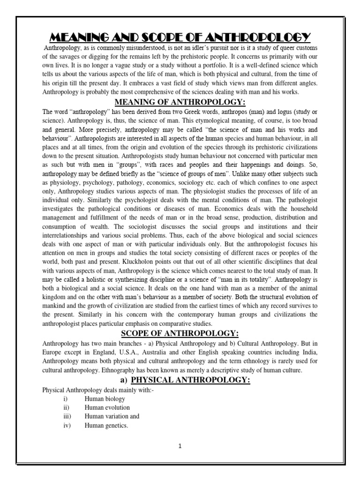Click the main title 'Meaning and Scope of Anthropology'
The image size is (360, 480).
tap(180, 37)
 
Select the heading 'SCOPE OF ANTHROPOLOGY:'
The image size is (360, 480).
tap(180, 333)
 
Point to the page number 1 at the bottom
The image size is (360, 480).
tap(180, 446)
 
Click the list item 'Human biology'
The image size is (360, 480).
tap(105, 399)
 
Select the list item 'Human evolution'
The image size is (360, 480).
tap(107, 407)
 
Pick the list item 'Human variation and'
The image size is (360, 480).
tap(112, 416)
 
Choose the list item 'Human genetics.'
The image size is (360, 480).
tap(106, 425)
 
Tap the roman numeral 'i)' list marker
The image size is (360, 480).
tap(66, 399)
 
